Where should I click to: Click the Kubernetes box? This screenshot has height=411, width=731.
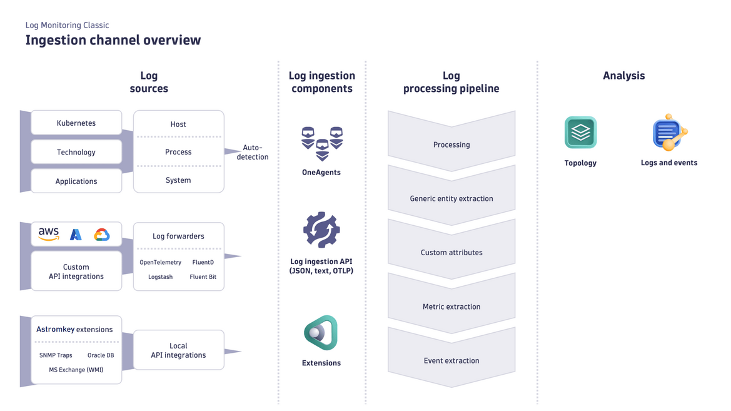[x=76, y=123]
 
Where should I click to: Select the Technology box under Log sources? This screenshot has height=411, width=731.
[x=76, y=152]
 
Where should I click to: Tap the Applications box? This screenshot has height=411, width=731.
[x=76, y=181]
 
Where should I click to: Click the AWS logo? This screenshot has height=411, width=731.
[x=49, y=234]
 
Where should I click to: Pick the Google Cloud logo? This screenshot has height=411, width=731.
[x=101, y=235]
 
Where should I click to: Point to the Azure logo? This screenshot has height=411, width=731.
[x=76, y=235]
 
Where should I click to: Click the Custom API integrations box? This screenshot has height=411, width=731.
[x=76, y=271]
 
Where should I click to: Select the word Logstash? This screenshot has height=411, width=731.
[x=160, y=277]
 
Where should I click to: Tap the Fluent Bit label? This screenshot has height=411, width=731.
[x=203, y=277]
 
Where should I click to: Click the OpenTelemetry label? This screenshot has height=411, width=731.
[x=160, y=262]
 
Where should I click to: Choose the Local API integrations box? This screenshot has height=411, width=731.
[x=178, y=350]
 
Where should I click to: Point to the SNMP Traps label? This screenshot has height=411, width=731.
[x=56, y=355]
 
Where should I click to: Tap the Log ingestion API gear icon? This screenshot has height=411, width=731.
[x=321, y=230]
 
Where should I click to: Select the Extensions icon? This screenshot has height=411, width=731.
[x=321, y=333]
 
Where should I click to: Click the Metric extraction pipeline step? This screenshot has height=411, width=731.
[x=451, y=307]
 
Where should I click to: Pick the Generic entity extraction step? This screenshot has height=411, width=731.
[x=451, y=198]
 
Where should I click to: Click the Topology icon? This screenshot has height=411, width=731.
[x=580, y=133]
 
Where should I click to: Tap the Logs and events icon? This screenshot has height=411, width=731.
[x=668, y=133]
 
